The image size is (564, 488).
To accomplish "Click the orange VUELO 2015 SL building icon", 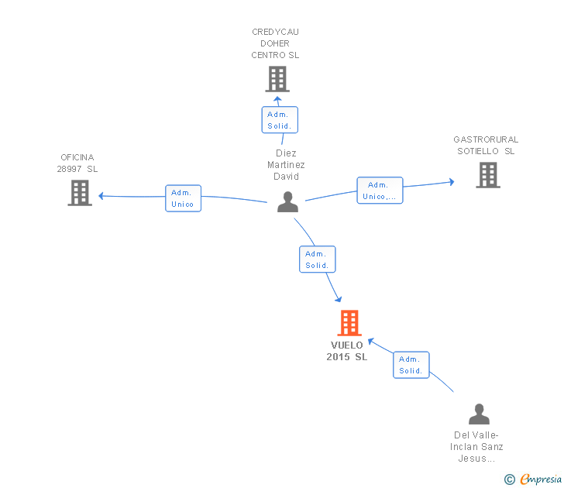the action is point(349,322).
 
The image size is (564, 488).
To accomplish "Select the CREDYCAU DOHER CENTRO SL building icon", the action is point(277,79).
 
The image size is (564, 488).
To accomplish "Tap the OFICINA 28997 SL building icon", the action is point(80,193).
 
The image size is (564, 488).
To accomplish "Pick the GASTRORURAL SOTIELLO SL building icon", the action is point(488,175).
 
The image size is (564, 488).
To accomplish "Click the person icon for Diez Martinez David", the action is point(287,201).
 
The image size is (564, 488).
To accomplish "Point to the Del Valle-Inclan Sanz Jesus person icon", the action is point(479,414).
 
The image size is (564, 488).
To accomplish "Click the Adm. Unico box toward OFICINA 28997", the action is point(183,198).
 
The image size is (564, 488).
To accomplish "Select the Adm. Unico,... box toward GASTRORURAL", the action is point(380,191).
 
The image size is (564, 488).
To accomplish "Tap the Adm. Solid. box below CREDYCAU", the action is point(280,120).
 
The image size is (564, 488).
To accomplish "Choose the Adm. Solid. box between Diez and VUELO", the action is point(318,259).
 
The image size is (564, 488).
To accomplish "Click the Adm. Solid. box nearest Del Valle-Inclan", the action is point(411,365).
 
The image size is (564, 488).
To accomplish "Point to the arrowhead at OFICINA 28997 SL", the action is point(101,196).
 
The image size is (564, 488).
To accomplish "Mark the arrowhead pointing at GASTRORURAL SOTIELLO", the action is point(452,182).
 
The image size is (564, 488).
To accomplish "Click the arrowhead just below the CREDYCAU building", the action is point(277,99).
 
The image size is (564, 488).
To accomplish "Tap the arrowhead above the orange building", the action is point(338,299).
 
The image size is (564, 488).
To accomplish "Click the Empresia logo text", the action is point(541,479).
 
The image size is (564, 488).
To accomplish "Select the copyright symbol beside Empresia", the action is point(510,479).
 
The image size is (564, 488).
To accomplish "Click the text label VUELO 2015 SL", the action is point(347,351).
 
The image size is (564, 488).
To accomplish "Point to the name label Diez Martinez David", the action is point(286,165).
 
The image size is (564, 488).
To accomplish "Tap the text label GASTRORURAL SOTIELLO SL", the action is point(486,146).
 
